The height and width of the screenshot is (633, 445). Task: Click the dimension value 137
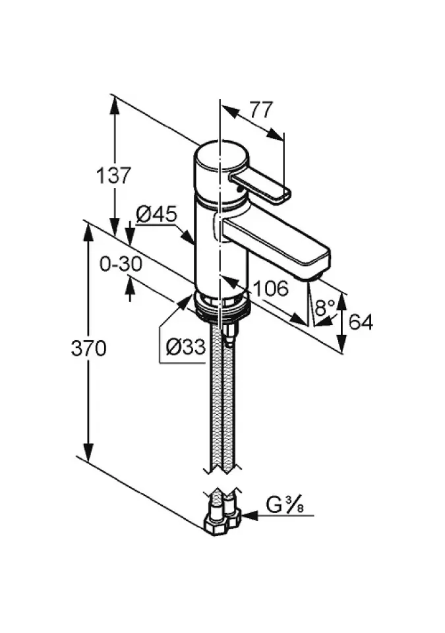113,176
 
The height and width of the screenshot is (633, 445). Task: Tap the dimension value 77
260,109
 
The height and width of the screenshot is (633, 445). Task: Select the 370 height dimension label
88,348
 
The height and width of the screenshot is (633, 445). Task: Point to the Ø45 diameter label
156,214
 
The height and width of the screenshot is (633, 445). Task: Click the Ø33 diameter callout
185,347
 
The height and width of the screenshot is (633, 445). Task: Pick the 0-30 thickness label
121,264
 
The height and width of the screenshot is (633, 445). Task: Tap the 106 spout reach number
270,287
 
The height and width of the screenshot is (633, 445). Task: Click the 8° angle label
325,307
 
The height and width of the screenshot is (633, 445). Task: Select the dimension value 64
361,322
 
